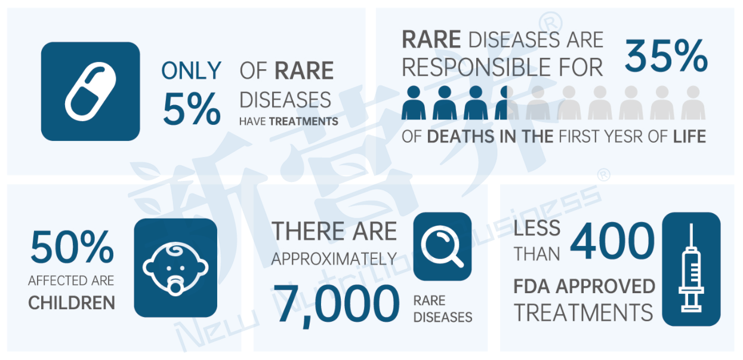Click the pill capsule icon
[x=91, y=91]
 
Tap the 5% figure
[x=192, y=109]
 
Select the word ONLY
[x=192, y=70]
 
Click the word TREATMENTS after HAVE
[x=304, y=121]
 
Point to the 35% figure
[x=667, y=56]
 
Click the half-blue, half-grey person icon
[x=507, y=103]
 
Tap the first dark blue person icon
[x=414, y=103]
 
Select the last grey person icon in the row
[x=693, y=103]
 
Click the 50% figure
[x=72, y=247]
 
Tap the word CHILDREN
[x=72, y=303]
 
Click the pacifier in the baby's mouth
[x=175, y=285]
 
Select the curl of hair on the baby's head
[x=175, y=250]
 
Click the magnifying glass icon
[x=442, y=247]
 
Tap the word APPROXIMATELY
[x=334, y=259]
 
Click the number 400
[x=613, y=241]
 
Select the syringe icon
[x=691, y=268]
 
